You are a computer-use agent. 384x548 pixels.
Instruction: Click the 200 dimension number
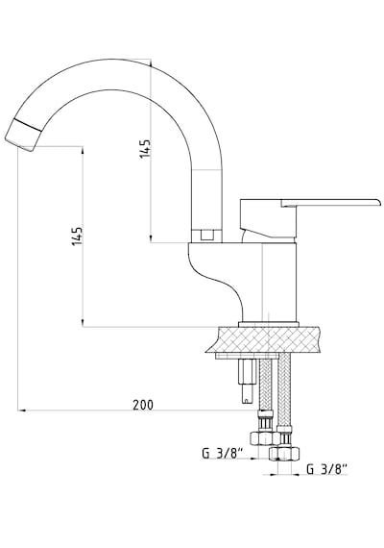[143, 405]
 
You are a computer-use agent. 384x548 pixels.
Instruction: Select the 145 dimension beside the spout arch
[145, 149]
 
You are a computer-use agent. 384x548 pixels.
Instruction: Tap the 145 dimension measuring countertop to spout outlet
[77, 236]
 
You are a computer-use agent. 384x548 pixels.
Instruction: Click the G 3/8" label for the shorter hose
[223, 454]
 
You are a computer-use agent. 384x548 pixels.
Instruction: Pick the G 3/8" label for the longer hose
[326, 469]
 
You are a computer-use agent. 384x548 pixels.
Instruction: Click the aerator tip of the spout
[23, 136]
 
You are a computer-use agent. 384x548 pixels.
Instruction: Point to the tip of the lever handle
[379, 202]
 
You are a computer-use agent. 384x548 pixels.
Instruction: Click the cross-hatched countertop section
[264, 339]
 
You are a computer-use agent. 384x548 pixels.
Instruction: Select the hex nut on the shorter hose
[265, 438]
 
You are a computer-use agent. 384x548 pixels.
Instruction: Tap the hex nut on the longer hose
[284, 454]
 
